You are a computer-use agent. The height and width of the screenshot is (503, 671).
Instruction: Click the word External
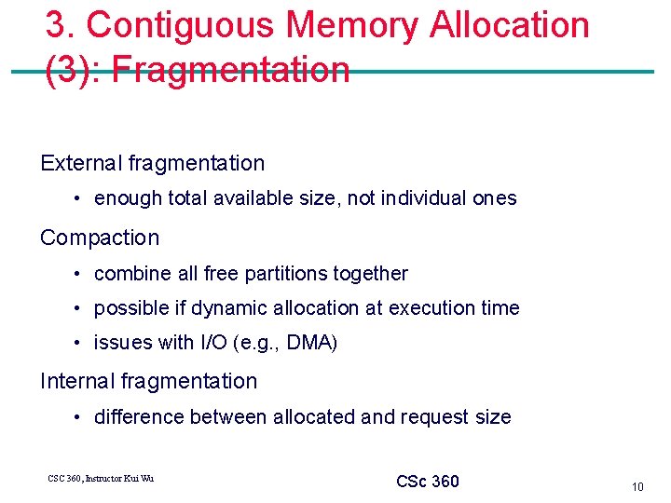(x=82, y=163)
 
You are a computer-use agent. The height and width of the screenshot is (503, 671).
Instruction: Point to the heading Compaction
(x=100, y=238)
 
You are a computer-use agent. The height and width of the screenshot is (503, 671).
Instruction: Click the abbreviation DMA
(x=310, y=343)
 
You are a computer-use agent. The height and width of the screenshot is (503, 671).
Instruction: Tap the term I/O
(x=212, y=343)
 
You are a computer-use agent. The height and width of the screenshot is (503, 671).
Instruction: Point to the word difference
(x=139, y=417)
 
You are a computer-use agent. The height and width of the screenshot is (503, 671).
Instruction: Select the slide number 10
(x=637, y=486)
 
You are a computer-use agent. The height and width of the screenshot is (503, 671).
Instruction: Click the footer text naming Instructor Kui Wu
(x=101, y=479)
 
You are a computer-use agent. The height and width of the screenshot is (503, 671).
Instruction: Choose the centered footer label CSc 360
(x=428, y=482)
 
